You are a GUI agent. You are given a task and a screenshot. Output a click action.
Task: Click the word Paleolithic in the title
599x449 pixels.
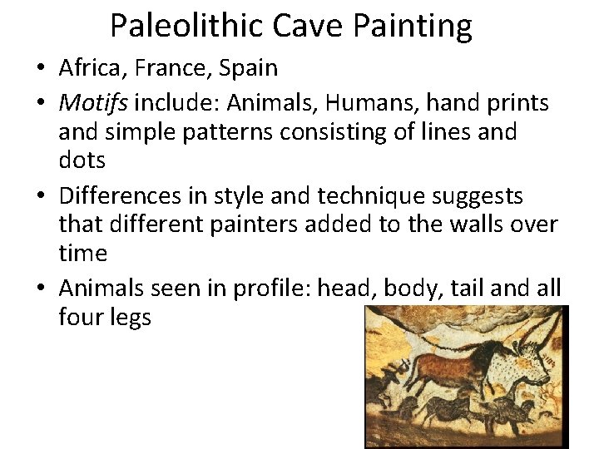coord(187,26)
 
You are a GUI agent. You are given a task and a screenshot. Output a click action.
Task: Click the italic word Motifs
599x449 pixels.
coord(93,103)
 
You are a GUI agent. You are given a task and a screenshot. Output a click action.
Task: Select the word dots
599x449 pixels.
coord(82,160)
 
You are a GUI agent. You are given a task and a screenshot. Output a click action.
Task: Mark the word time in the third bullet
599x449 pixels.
coord(82,253)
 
